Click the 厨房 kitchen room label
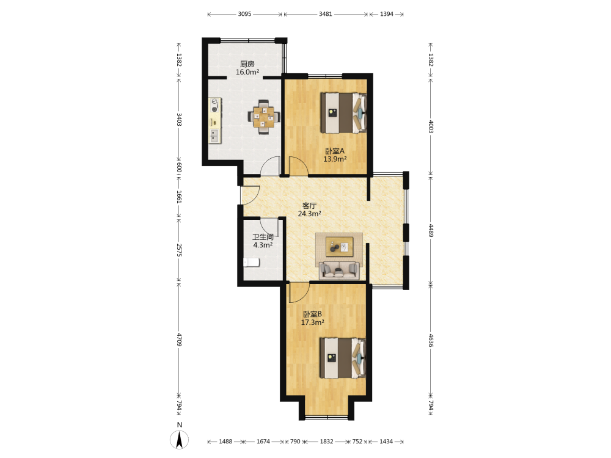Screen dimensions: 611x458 tap(247, 64)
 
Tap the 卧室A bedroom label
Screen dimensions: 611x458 tap(335, 151)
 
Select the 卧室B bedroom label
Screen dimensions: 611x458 tap(312, 314)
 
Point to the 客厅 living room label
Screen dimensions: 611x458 tap(310, 206)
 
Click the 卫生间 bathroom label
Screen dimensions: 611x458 tap(263, 237)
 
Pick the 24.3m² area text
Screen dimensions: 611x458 tap(310, 214)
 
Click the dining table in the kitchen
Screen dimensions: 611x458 tap(264, 117)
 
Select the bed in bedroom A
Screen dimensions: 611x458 tap(343, 113)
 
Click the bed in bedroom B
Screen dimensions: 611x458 tap(343, 358)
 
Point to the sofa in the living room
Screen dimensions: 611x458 tap(339, 271)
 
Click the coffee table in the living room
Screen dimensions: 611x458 tap(340, 247)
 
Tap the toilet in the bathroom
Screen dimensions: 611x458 tap(252, 263)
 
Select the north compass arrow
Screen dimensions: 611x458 tap(180, 440)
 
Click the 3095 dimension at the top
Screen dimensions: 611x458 tap(245, 14)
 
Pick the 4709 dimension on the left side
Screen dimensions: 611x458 tap(179, 340)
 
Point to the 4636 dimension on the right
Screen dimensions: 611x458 tap(431, 340)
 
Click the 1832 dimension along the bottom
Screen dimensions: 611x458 tap(326, 442)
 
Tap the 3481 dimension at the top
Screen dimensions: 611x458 tap(326, 14)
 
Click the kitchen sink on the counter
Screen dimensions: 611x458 tap(214, 136)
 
